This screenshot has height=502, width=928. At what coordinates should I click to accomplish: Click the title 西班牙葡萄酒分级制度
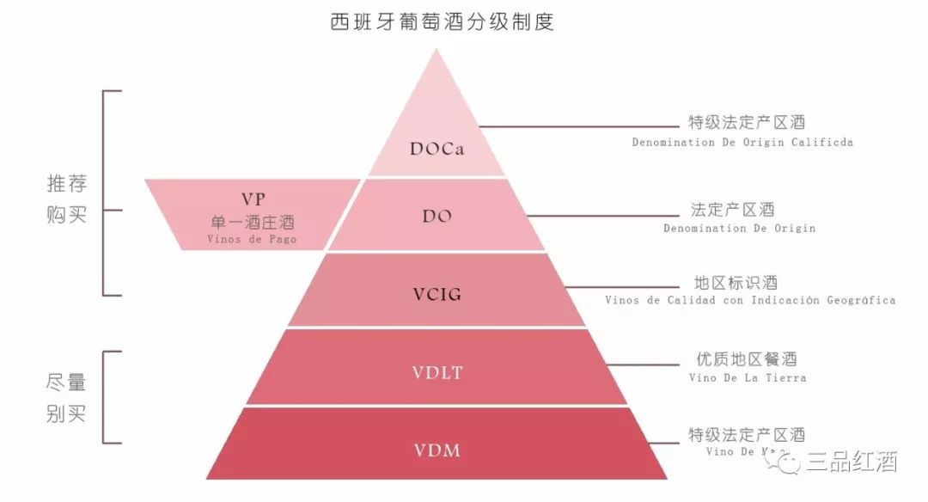(x=443, y=21)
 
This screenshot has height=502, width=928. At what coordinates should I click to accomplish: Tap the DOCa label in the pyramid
(x=437, y=149)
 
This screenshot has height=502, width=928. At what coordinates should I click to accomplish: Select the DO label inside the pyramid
(x=437, y=217)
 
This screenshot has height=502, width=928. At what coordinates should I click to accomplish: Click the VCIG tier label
(x=437, y=294)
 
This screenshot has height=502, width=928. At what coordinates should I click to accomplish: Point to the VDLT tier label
(x=437, y=372)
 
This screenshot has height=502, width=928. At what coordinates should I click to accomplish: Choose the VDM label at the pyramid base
(x=437, y=449)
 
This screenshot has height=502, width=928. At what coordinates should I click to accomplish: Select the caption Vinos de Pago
(x=252, y=239)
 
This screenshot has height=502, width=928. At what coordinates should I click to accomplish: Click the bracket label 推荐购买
(x=67, y=199)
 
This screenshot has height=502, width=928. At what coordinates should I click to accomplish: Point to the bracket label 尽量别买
(x=67, y=397)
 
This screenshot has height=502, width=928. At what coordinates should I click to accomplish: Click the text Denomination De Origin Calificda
(x=742, y=142)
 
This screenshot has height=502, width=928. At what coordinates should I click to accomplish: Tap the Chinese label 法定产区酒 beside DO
(x=733, y=210)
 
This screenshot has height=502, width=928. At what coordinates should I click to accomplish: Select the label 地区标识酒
(x=736, y=283)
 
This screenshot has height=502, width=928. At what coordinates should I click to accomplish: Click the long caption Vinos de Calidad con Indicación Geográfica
(x=749, y=300)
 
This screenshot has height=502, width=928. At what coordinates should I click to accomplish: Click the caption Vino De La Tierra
(x=747, y=377)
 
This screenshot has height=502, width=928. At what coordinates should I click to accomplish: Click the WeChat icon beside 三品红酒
(x=787, y=462)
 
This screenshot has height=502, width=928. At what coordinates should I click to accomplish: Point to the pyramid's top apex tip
(x=437, y=51)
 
